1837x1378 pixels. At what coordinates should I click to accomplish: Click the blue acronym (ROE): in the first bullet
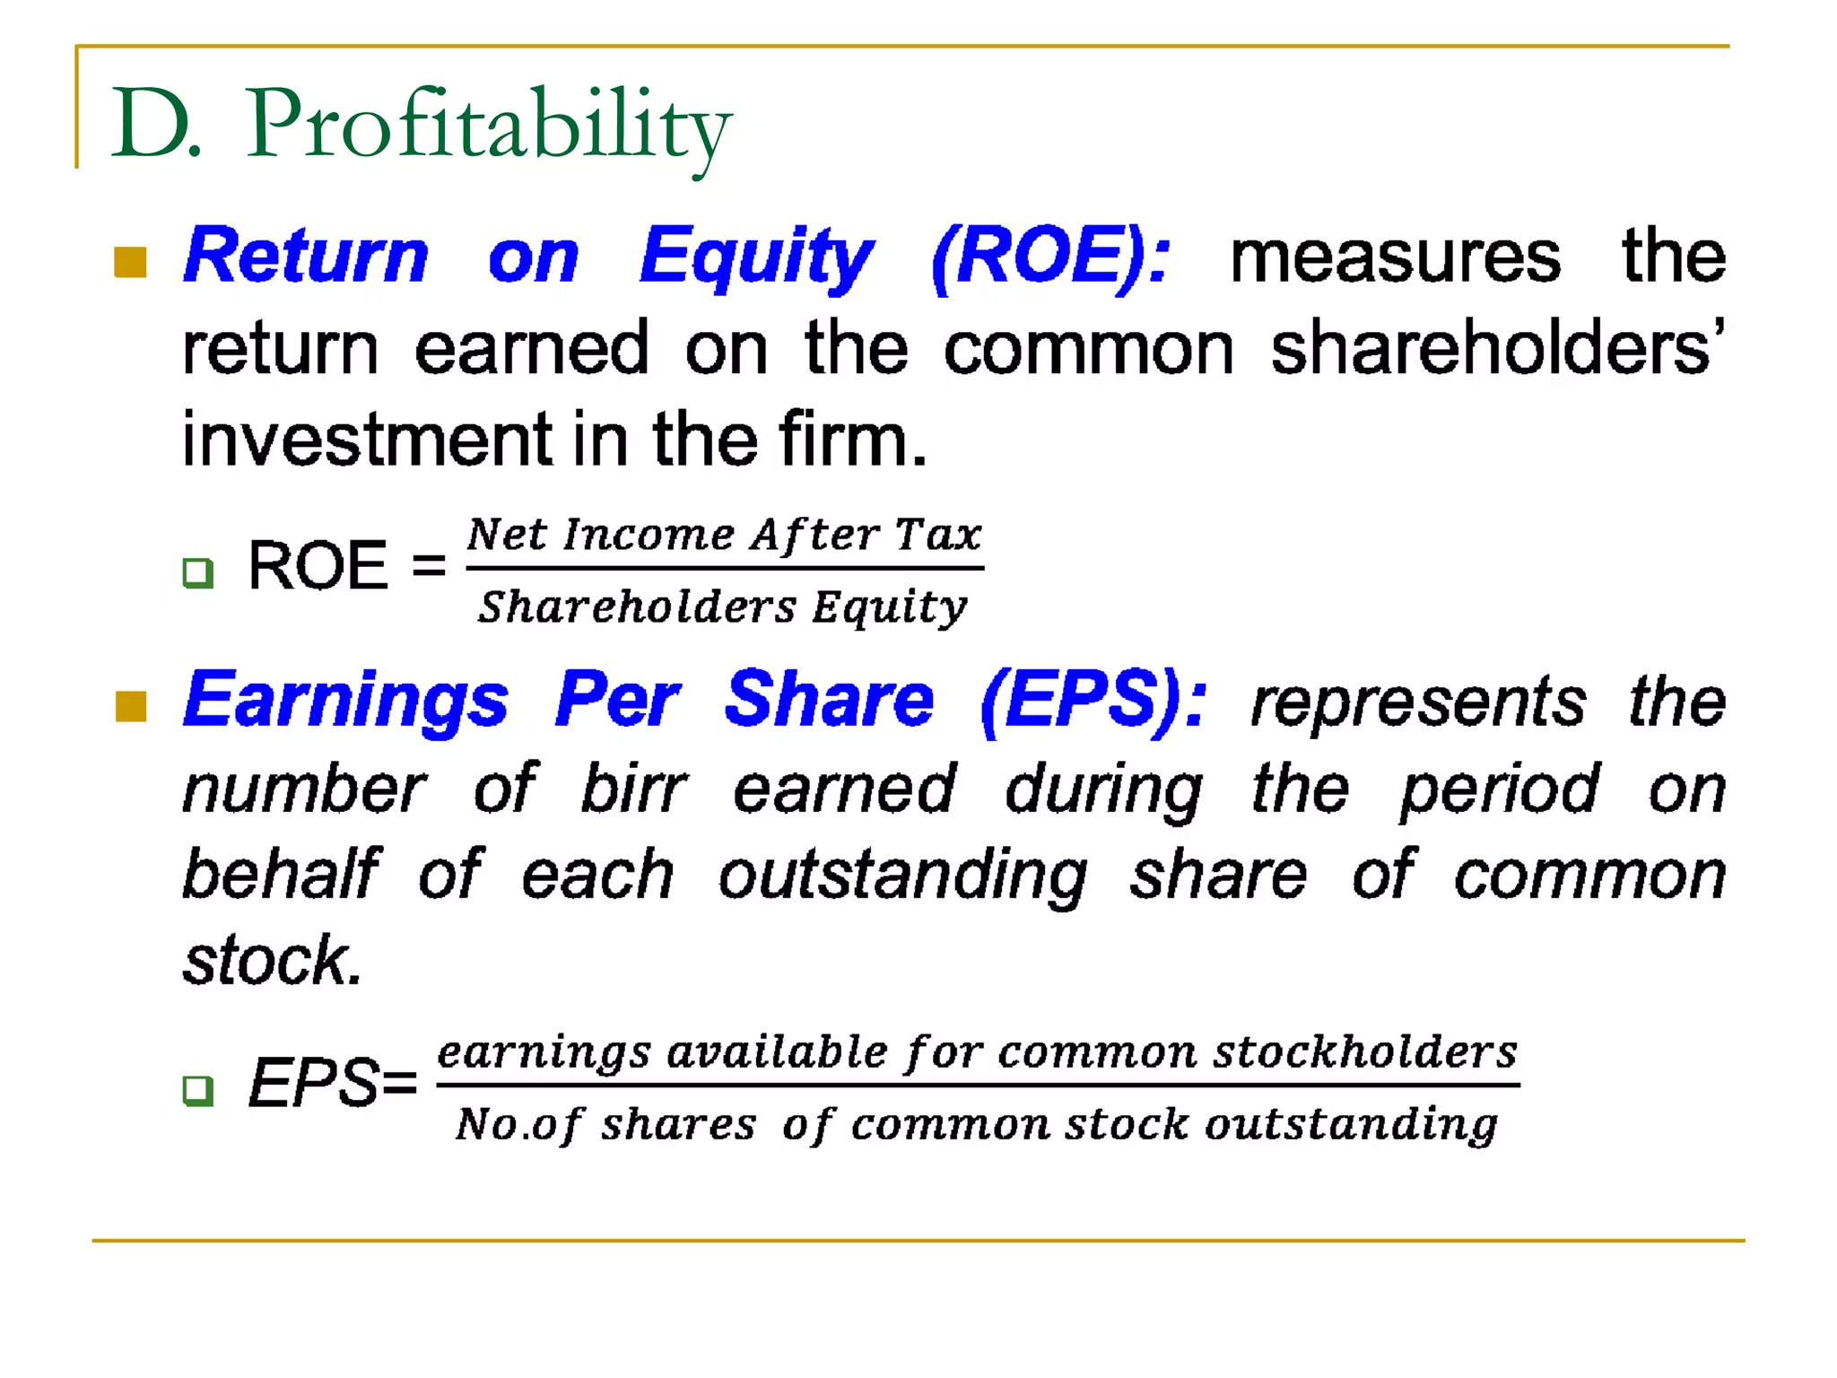coord(1050,257)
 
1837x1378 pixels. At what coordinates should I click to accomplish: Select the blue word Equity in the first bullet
coord(755,257)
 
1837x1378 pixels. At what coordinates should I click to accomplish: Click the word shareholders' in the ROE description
coord(1496,349)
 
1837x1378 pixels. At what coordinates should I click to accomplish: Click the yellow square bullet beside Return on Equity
coord(131,262)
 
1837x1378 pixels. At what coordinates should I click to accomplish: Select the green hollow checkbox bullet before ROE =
coord(197,572)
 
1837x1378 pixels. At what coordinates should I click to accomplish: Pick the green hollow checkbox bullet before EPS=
coord(197,1090)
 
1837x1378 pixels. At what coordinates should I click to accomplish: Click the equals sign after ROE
coord(429,566)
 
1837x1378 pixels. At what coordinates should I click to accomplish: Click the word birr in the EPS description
coord(634,789)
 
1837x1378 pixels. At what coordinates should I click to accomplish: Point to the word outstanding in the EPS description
coord(902,876)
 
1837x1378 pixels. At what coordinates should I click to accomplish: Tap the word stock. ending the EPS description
coord(272,960)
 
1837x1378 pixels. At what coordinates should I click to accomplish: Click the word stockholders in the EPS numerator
coord(1364,1051)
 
